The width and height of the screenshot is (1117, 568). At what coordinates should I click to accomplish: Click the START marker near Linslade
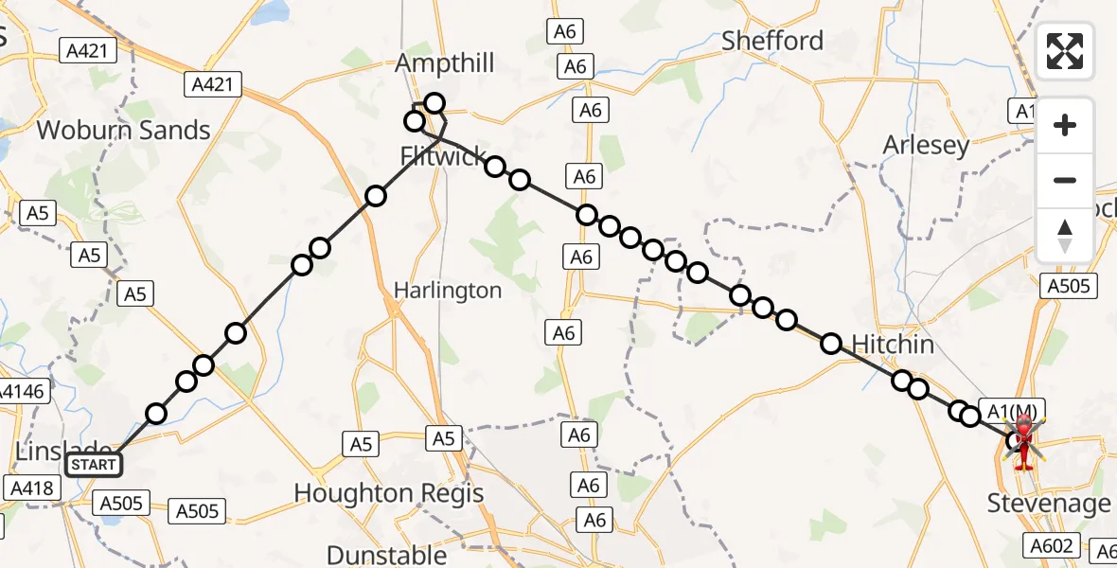(x=94, y=465)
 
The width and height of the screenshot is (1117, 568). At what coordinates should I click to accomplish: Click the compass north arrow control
(x=1065, y=235)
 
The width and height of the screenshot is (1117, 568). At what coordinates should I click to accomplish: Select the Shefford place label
(x=772, y=41)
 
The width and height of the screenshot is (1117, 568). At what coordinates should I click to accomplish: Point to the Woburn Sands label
(x=123, y=130)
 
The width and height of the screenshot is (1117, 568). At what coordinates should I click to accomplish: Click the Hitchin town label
(x=893, y=345)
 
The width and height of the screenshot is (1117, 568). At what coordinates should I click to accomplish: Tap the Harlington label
(x=448, y=291)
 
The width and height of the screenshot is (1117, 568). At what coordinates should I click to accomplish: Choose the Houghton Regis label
(x=389, y=493)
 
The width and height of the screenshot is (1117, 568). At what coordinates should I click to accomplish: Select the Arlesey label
(x=926, y=145)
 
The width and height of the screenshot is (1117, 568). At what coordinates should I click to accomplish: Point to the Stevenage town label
(x=1049, y=504)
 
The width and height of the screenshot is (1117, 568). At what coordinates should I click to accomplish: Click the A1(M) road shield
(x=1016, y=411)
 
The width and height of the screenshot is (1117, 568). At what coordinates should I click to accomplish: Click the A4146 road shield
(x=19, y=390)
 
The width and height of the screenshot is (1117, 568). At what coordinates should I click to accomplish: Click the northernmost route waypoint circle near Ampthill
(x=434, y=102)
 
